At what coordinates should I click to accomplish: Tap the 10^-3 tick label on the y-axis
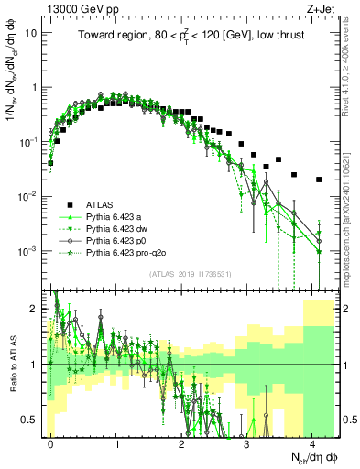pyautogui.click(x=29, y=251)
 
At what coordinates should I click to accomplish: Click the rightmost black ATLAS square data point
pyautogui.click(x=319, y=180)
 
